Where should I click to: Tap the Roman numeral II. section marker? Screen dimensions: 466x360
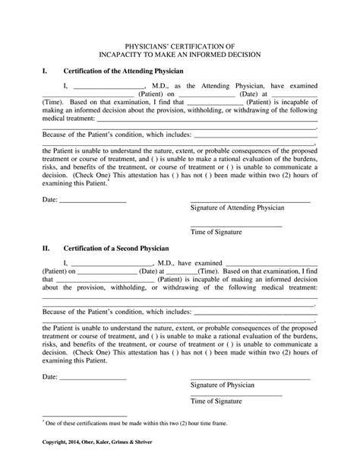point(46,248)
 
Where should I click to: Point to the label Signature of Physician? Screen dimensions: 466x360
point(225,385)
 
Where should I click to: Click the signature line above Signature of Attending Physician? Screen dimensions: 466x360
point(250,201)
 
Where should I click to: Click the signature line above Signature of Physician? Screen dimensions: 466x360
point(250,379)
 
